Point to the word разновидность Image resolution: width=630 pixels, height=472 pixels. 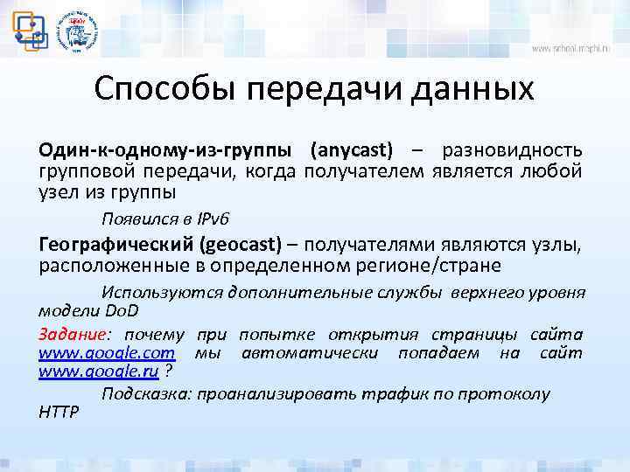pyautogui.click(x=512, y=149)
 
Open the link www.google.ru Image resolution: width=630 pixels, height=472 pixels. pyautogui.click(x=98, y=373)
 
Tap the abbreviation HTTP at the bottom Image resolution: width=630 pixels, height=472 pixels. pyautogui.click(x=59, y=413)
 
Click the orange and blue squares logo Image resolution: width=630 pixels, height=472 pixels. pyautogui.click(x=29, y=28)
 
